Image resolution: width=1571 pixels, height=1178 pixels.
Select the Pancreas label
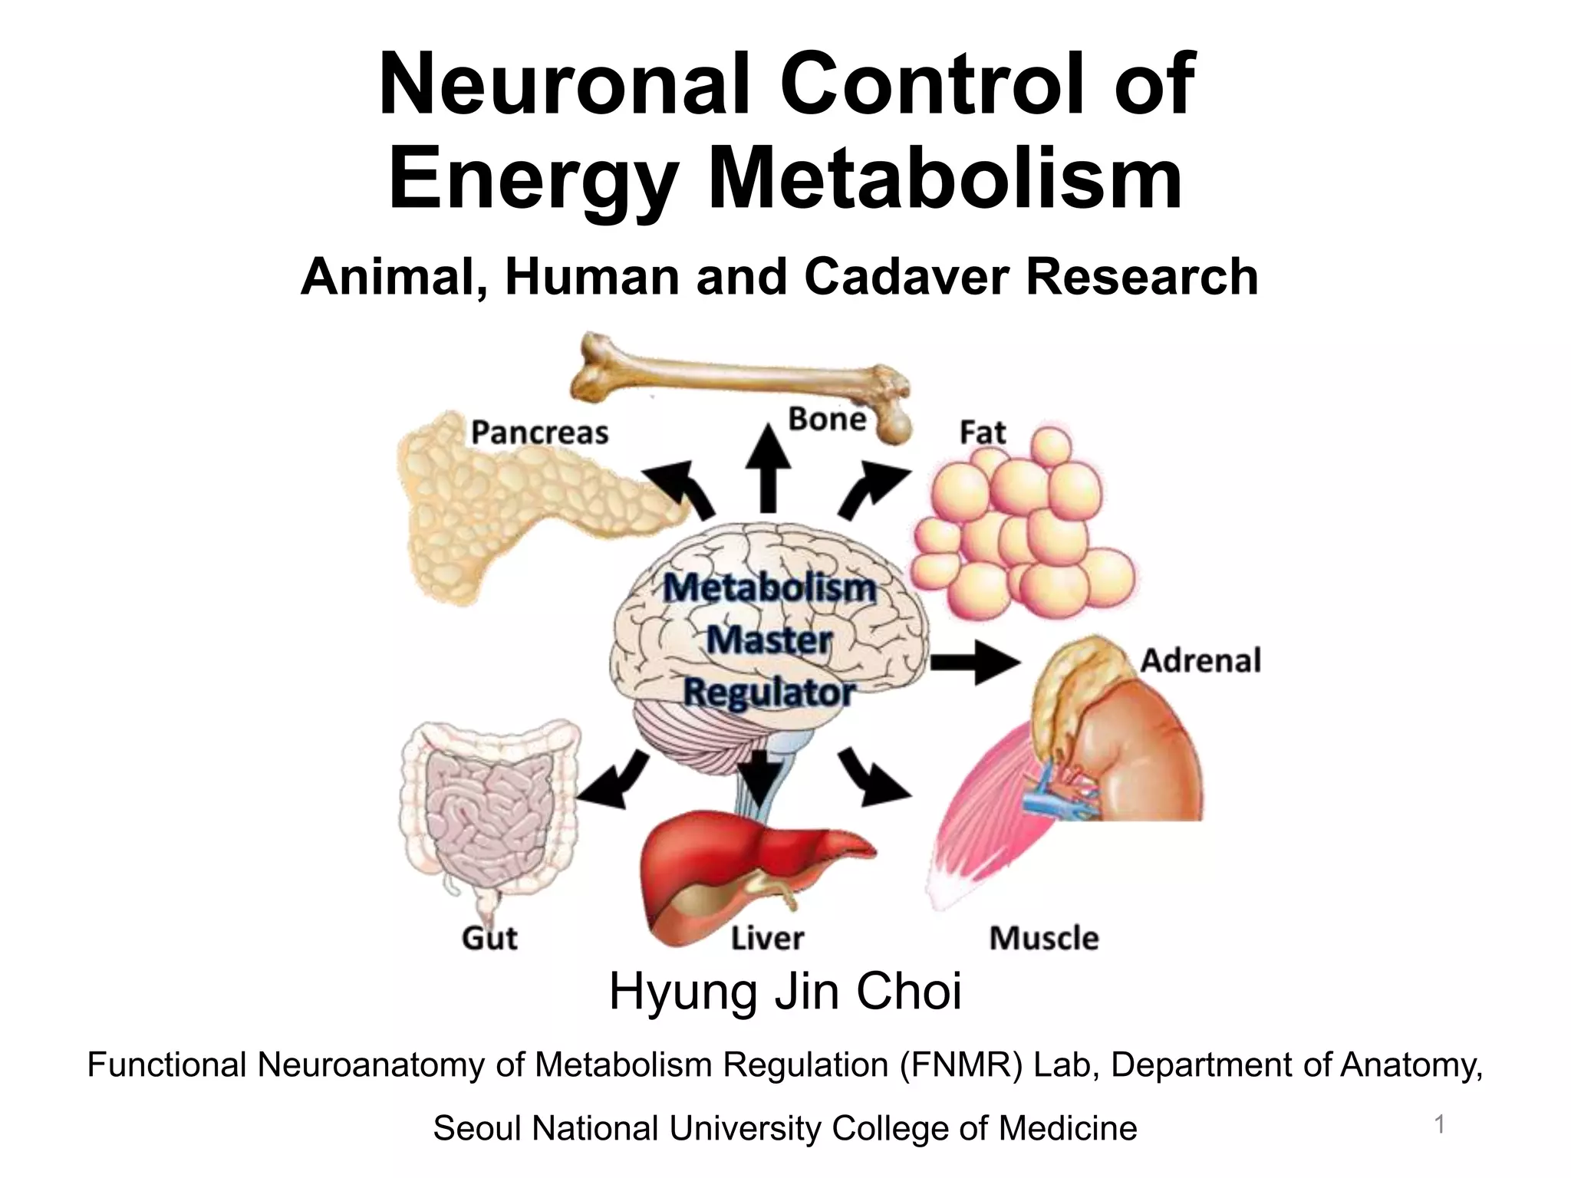tap(539, 433)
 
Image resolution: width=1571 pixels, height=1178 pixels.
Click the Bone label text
tap(827, 420)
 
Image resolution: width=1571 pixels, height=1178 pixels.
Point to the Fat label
tap(982, 433)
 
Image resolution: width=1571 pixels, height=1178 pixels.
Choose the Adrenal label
tap(1200, 660)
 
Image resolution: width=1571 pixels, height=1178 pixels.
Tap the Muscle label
tap(1043, 938)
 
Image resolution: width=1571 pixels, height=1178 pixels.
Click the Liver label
tap(767, 938)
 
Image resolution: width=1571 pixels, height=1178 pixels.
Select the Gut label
tap(489, 938)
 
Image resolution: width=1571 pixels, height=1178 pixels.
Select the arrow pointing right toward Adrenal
tap(974, 663)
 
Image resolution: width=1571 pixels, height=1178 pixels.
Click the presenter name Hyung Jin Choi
tap(785, 992)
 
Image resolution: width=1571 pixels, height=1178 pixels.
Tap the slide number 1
tap(1440, 1125)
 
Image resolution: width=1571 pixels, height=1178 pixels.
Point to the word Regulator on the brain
tap(769, 692)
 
